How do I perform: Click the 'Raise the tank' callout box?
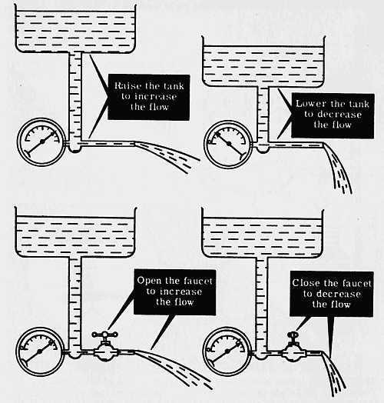(149, 97)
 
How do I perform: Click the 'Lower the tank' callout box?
(333, 115)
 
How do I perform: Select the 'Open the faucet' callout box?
(174, 292)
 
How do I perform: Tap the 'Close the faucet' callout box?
(331, 294)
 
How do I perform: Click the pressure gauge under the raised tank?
(41, 142)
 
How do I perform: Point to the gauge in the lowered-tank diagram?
(228, 144)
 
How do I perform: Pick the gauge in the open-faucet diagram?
(40, 351)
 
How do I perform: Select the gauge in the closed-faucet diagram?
(227, 351)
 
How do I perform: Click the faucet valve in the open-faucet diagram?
(105, 347)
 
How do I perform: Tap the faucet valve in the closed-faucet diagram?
(293, 348)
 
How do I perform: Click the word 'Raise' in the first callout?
(124, 85)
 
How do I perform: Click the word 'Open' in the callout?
(146, 281)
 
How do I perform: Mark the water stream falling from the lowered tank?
(337, 167)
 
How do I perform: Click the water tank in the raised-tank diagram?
(75, 28)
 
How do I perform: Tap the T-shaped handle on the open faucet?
(105, 335)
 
